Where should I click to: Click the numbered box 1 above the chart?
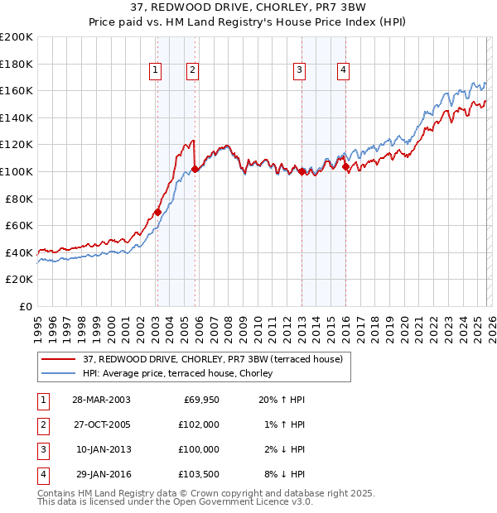155,71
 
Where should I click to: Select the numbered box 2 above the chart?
192,71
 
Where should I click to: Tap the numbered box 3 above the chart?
298,71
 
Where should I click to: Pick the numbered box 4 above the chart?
342,71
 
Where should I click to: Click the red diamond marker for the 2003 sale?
157,212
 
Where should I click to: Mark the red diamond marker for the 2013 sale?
302,171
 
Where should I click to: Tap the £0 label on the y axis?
25,306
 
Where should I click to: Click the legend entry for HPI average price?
183,373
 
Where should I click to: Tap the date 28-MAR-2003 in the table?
101,400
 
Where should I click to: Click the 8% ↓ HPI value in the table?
286,474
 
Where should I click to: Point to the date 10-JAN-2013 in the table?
102,449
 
